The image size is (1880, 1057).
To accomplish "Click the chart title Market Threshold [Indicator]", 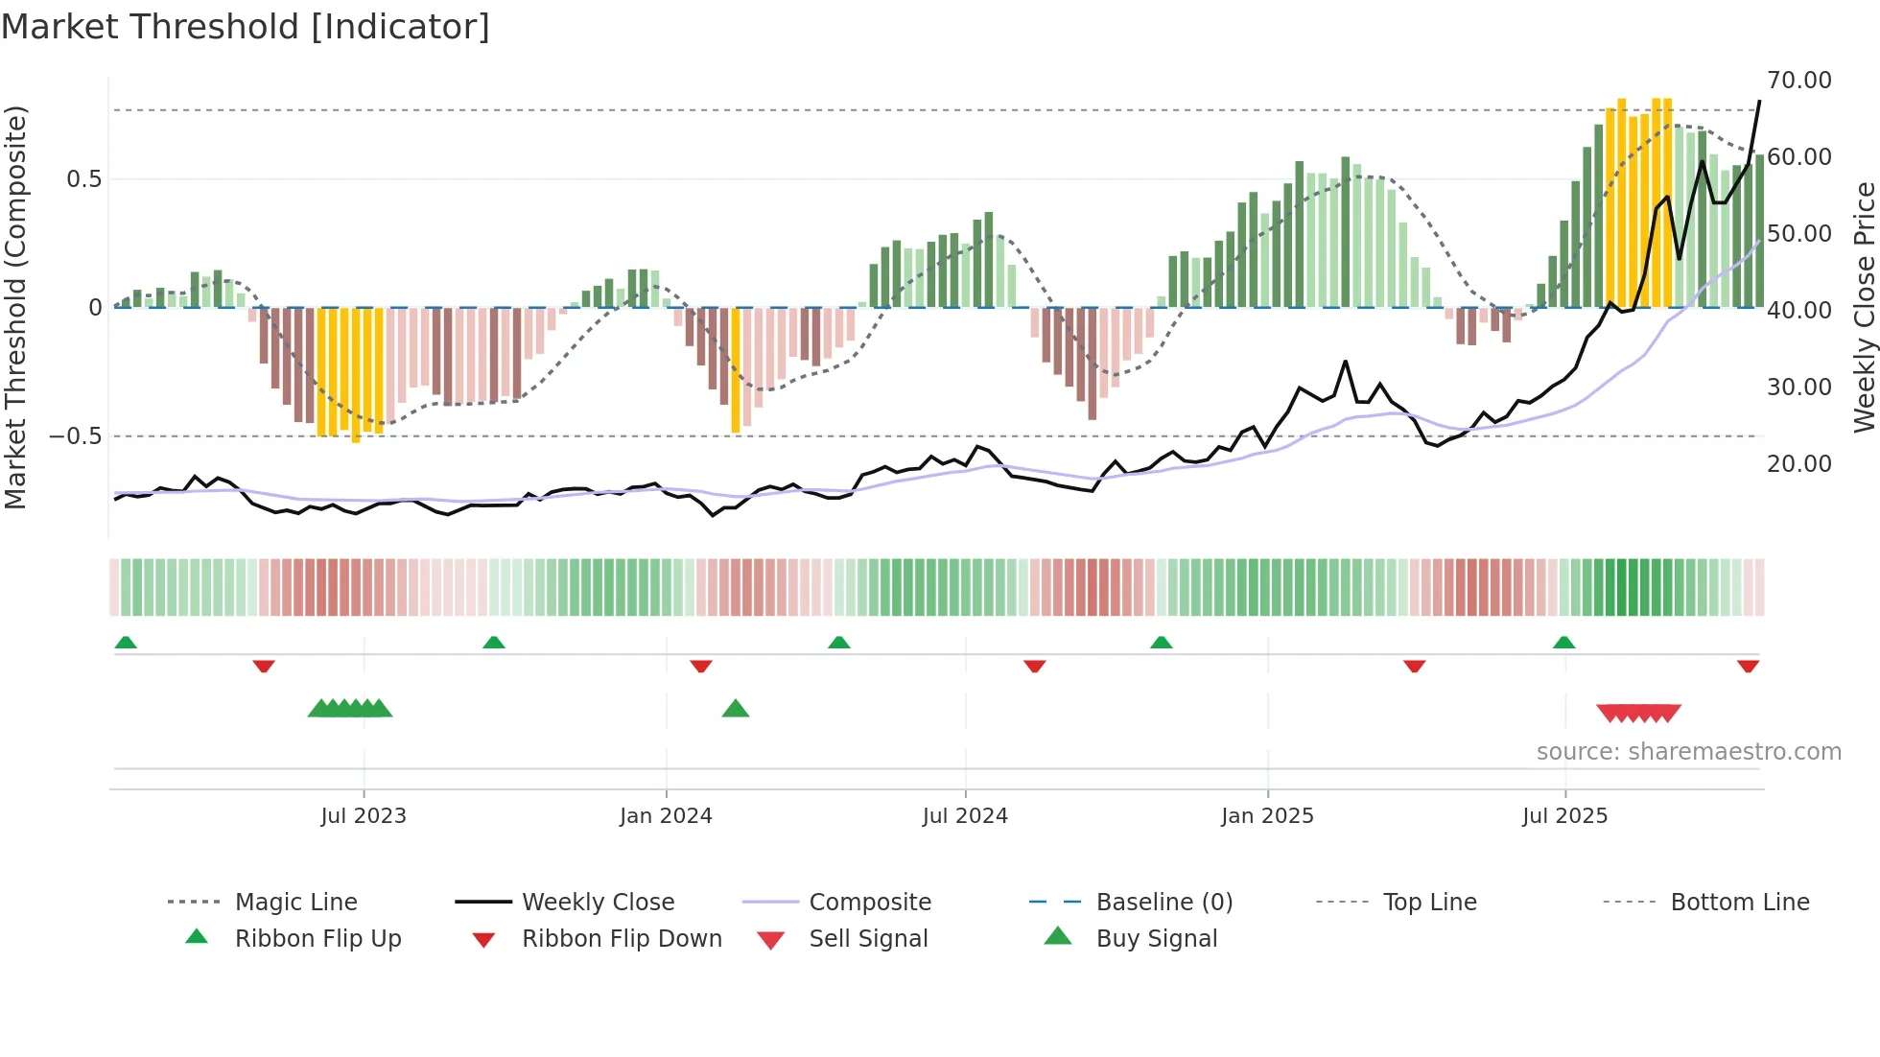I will (246, 27).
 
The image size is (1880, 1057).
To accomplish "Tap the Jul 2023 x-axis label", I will (364, 816).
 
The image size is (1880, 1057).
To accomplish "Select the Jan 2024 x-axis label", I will (666, 816).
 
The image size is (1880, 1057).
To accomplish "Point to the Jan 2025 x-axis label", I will (1267, 816).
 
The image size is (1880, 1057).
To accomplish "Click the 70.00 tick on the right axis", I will (1798, 81).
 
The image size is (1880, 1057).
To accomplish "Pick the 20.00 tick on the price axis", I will (1798, 464).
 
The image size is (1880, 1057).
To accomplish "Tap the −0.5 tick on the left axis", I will (75, 436).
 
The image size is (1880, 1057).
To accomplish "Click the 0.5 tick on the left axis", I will (83, 179).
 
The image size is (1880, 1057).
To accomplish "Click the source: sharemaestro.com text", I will (1688, 752).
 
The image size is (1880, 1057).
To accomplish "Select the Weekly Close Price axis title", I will (1864, 307).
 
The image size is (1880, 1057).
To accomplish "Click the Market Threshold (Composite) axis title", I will (15, 307).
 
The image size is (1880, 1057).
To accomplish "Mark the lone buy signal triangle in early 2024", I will (736, 709).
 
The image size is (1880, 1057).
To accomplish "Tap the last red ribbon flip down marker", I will (1748, 666).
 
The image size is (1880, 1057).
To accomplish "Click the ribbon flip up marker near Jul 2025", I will (1563, 643).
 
